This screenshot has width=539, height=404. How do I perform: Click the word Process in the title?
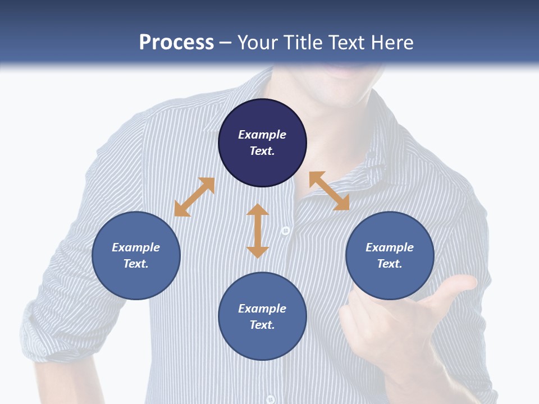[176, 43]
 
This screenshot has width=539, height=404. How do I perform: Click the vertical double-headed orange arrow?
[258, 231]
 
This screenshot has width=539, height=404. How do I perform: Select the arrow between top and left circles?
[194, 197]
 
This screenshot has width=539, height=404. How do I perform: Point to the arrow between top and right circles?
[329, 191]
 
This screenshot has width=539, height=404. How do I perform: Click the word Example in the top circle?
[262, 135]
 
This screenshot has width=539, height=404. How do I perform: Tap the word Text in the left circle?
[136, 264]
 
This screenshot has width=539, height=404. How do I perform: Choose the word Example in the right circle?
[390, 247]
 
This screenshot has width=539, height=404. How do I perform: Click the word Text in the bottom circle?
[262, 325]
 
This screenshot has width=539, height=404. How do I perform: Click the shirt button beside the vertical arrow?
[285, 231]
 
